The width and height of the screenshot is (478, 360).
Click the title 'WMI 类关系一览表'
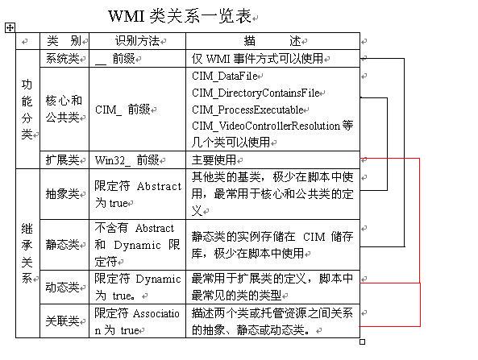coord(180,16)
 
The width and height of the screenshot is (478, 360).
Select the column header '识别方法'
coord(138,41)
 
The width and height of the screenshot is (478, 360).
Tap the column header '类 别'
coord(64,41)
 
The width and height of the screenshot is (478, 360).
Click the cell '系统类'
coord(63,59)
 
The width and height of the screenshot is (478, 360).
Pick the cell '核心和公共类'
coord(64,109)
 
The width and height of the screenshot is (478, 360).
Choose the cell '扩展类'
coord(63,160)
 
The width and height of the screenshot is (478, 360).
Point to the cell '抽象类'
coord(63,194)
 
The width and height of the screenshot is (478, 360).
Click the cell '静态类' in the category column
coord(63,244)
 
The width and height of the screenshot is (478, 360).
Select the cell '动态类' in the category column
coord(63,287)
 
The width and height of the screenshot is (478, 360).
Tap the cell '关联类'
coord(63,321)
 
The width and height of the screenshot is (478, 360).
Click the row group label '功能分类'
coord(27,109)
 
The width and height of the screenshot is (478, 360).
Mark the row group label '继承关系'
coord(27,253)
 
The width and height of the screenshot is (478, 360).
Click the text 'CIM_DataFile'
coord(225,77)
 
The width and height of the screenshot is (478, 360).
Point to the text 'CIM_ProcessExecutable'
coord(247,110)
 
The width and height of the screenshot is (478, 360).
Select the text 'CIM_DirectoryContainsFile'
coord(256,93)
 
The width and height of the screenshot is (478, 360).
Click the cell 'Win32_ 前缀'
coord(127,160)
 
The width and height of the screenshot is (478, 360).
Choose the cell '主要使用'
coord(214,160)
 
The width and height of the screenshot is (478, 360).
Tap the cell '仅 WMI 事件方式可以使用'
coord(258,59)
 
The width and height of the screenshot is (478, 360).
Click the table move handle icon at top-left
coord(10,28)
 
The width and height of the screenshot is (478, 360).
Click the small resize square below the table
coord(362,342)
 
